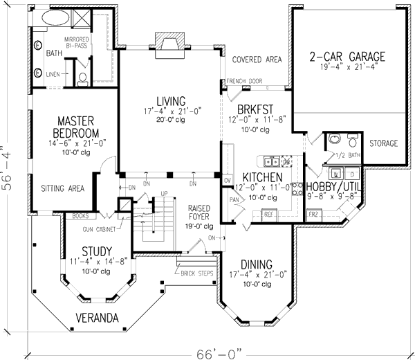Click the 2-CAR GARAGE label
(x=347, y=56)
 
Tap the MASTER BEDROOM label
(x=76, y=126)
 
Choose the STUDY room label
(x=95, y=251)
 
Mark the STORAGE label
(x=383, y=143)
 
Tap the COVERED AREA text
(x=257, y=60)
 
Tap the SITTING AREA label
(x=62, y=188)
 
